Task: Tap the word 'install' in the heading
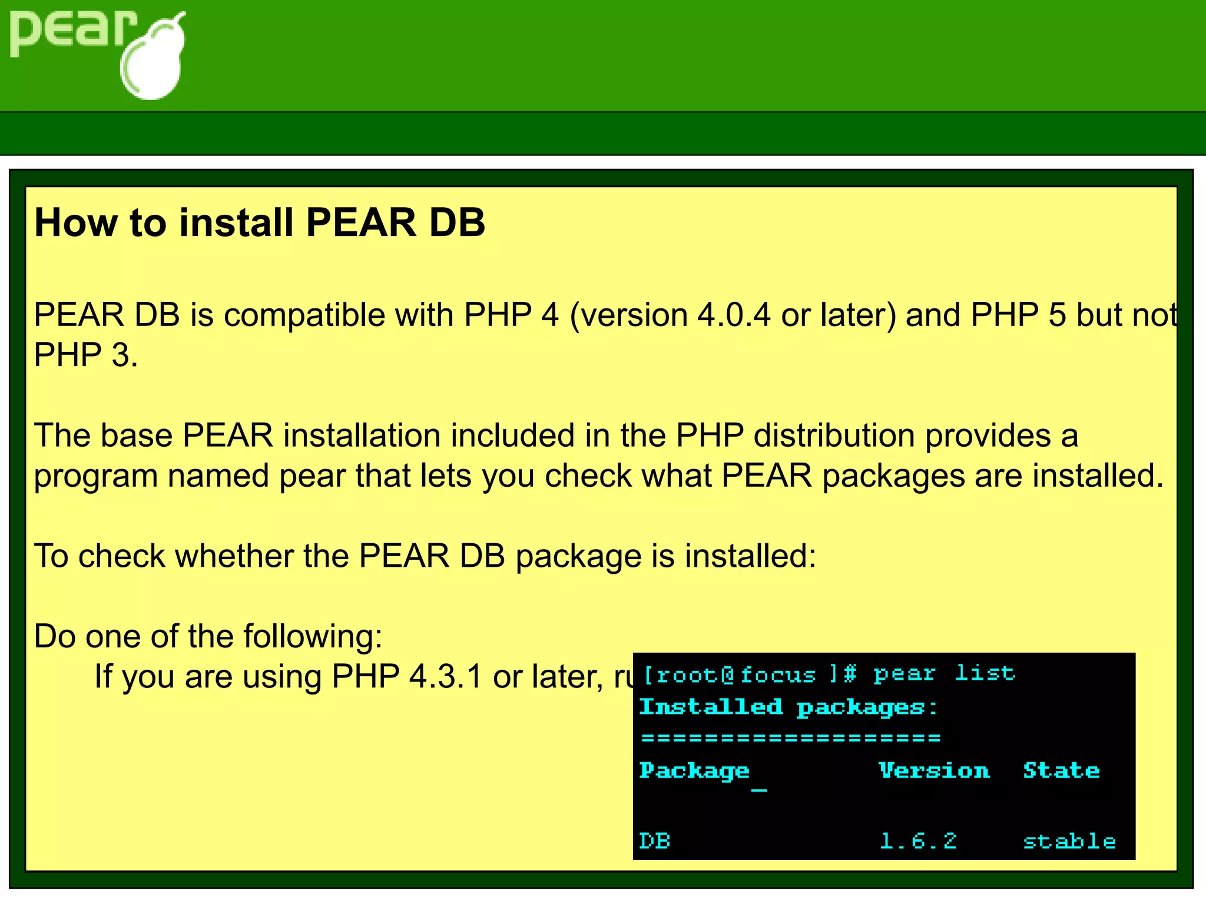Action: point(236,223)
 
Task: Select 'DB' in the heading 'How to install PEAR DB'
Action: point(457,223)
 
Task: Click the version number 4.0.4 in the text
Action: point(734,315)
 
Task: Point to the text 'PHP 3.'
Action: point(86,355)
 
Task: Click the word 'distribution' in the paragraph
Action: point(834,436)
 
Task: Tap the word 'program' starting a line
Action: point(96,477)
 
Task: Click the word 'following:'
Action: point(313,636)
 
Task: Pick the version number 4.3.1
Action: point(446,676)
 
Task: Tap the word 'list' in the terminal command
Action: point(985,673)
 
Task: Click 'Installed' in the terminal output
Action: point(711,706)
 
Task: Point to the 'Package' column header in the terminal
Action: point(694,771)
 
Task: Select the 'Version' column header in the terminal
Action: point(934,770)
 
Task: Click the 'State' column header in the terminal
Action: point(1061,770)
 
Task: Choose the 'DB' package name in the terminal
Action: point(655,840)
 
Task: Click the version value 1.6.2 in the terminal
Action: point(918,841)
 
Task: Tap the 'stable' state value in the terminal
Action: point(1069,841)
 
